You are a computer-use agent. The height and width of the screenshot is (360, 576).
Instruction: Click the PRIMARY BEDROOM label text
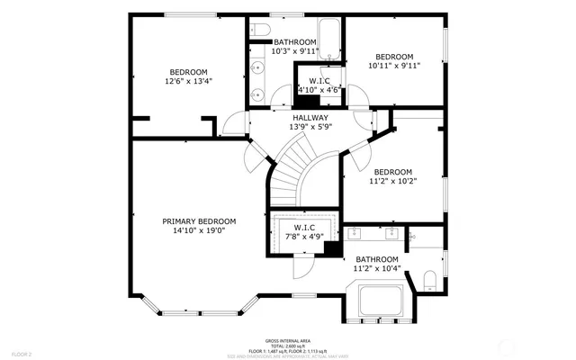pos(199,221)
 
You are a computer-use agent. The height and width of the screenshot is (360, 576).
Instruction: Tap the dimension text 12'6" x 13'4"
pos(188,81)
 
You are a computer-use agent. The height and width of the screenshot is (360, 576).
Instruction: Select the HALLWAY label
pos(309,118)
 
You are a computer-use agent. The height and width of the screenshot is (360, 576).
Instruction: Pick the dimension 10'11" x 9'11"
pos(394,65)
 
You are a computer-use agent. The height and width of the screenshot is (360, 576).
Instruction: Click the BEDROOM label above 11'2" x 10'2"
pos(392,172)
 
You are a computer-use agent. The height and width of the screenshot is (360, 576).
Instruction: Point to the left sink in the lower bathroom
pos(355,234)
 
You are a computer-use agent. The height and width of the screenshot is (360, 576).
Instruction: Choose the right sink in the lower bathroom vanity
pos(392,234)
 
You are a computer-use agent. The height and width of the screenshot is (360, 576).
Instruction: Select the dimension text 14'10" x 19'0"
pos(199,231)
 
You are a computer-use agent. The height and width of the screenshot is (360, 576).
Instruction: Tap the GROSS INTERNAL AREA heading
pos(288,341)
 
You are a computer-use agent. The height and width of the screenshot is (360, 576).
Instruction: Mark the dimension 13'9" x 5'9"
pos(309,127)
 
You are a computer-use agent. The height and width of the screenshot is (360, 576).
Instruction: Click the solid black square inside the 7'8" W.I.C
pos(330,251)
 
